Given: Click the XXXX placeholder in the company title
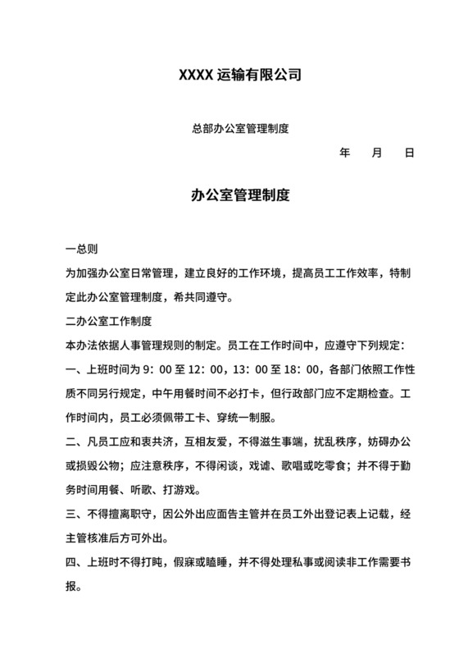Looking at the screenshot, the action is pyautogui.click(x=198, y=76).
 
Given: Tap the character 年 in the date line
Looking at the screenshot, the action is pyautogui.click(x=344, y=153).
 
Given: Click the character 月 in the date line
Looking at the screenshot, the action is pyautogui.click(x=377, y=153).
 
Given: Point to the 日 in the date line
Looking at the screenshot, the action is pyautogui.click(x=410, y=153).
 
